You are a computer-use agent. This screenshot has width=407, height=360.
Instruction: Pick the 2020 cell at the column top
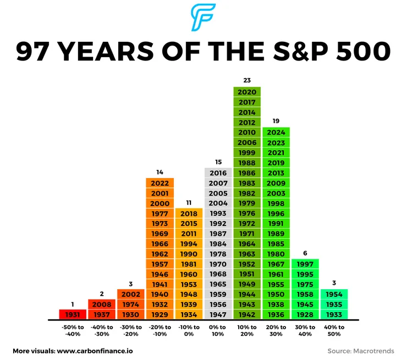coord(246,92)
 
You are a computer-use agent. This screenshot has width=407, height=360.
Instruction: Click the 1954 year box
coord(334,294)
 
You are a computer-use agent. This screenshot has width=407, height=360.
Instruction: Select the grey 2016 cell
coord(218,173)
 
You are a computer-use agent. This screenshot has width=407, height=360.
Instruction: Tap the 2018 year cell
coord(188,214)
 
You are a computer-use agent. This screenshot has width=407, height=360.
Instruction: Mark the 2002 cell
coord(130,294)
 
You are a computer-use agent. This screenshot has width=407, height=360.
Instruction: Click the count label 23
coord(246,80)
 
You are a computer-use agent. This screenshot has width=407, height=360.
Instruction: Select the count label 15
coord(218,162)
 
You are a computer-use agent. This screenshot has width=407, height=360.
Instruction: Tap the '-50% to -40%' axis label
coord(72,330)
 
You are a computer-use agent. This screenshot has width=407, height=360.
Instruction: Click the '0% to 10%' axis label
coord(218,330)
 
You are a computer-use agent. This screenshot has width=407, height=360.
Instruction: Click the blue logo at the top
coord(204,18)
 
